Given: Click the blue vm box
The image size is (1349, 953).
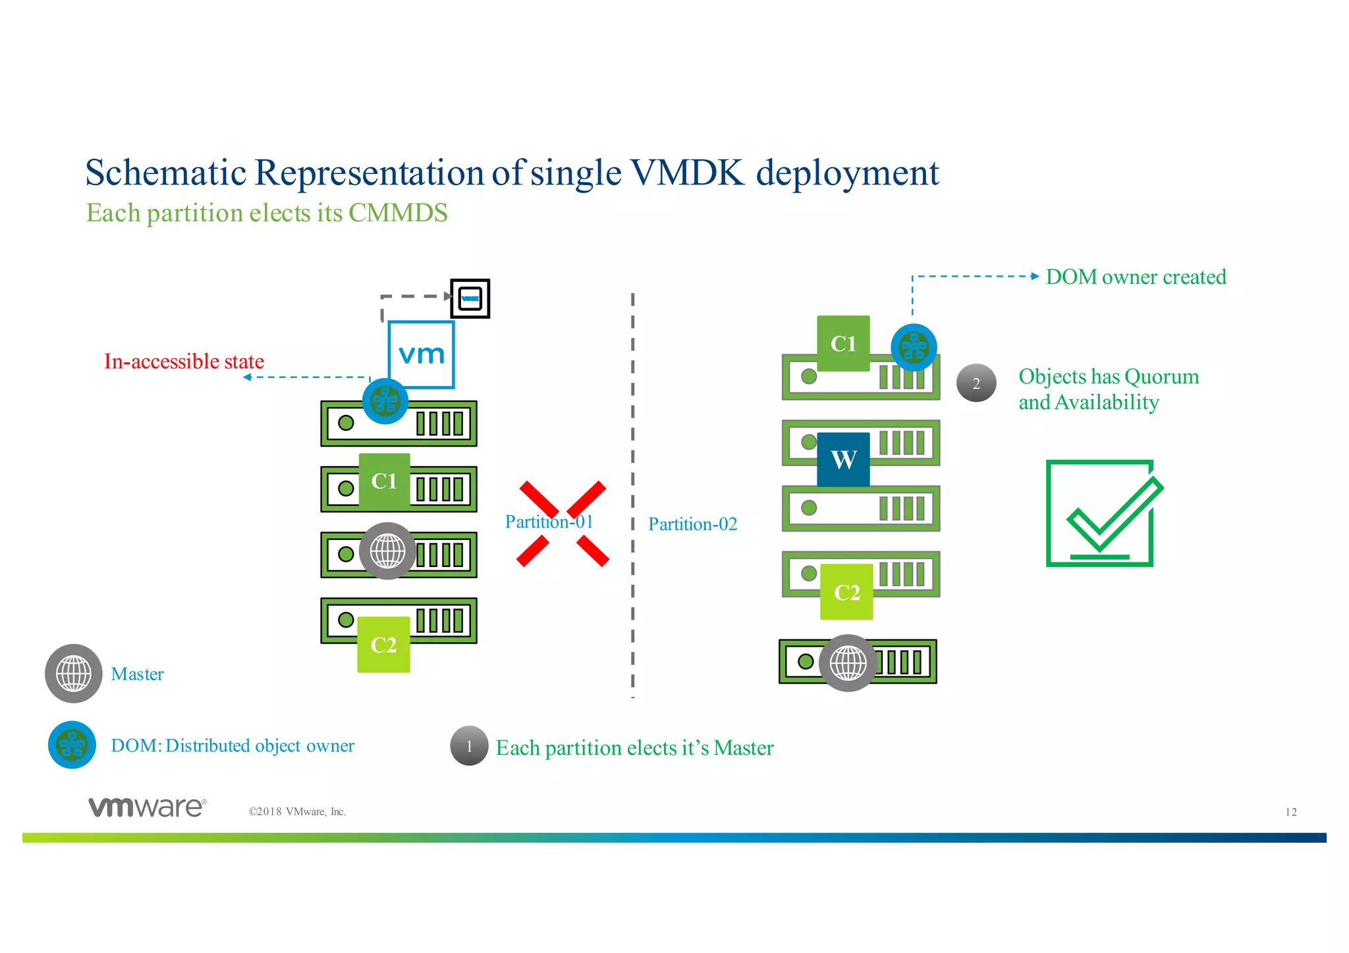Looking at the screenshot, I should [421, 354].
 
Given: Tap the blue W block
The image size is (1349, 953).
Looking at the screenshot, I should [843, 459].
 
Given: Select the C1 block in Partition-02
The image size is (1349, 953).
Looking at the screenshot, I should [843, 343].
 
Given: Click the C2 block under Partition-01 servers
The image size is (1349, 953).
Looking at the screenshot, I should [383, 644].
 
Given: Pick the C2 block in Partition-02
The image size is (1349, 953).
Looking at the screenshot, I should [846, 591].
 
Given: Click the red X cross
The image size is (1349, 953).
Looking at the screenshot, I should [562, 524].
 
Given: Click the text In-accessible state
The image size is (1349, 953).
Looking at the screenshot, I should [184, 361].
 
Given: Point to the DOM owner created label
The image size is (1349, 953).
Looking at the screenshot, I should [1136, 277].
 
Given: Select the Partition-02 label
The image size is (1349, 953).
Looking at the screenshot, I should [692, 524].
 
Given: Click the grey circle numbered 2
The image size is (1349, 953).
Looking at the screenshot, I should [976, 383].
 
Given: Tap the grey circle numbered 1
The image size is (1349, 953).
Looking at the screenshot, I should [469, 746].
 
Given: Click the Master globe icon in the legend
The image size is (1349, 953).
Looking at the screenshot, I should [73, 673].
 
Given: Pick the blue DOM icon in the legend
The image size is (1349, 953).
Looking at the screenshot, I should [72, 745].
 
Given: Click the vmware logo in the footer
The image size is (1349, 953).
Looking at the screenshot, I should [147, 807].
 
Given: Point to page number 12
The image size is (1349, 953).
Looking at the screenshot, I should [1290, 812].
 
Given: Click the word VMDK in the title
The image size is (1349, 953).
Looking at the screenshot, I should [687, 173].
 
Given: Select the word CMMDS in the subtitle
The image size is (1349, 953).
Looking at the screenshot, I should [398, 213].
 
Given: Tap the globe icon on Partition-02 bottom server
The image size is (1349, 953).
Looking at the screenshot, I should [848, 663].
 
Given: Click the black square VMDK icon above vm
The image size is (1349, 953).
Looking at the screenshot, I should [470, 298].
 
